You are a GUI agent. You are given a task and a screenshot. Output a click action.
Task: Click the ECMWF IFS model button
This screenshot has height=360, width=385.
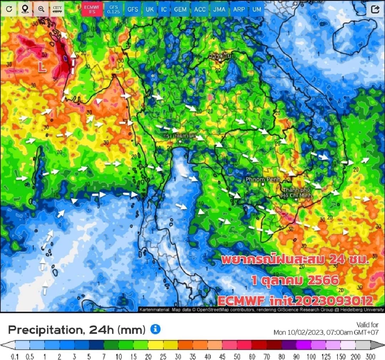click(92, 9)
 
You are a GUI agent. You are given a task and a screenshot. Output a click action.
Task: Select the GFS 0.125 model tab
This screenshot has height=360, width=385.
click(114, 9)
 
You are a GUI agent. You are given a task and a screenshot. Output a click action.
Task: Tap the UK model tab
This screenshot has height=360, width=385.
click(150, 9)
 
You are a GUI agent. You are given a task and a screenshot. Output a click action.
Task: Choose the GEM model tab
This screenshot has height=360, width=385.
click(180, 9)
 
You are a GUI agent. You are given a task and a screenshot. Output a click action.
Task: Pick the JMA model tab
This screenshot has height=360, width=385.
click(219, 9)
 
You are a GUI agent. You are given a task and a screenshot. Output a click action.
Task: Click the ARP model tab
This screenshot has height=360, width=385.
click(239, 9)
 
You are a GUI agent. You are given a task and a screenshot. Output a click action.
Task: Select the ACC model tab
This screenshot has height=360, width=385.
click(200, 9)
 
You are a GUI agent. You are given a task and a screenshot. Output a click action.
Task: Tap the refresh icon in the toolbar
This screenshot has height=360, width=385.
click(9, 9)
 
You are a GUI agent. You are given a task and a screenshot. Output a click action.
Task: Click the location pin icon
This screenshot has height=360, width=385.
click(25, 9)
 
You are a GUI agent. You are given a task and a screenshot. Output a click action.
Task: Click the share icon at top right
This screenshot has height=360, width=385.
click(375, 9)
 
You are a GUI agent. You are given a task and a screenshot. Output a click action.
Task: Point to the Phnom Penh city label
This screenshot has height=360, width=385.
click(263, 180)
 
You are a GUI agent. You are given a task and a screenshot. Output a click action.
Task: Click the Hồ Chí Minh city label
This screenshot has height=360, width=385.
click(296, 193)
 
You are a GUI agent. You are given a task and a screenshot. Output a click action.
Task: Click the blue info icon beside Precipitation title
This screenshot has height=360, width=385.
click(155, 329)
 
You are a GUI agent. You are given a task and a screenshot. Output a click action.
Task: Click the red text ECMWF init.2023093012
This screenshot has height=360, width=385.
click(295, 301)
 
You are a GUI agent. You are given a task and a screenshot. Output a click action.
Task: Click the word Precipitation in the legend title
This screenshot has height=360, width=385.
click(45, 330)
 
